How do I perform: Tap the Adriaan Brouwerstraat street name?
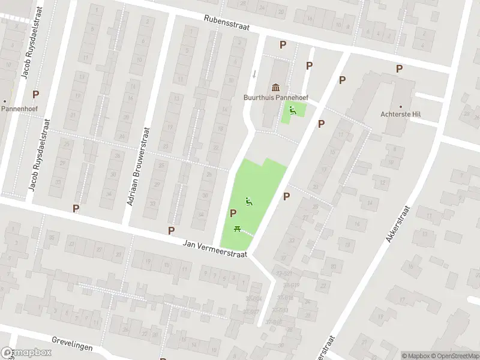pyautogui.click(x=138, y=166)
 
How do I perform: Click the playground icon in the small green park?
pyautogui.click(x=293, y=109)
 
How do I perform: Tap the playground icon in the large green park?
pyautogui.click(x=249, y=202)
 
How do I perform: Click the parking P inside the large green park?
pyautogui.click(x=233, y=213)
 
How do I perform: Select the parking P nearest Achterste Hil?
pyautogui.click(x=399, y=69)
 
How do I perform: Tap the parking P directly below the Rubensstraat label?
pyautogui.click(x=283, y=45)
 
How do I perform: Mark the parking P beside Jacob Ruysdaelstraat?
pyautogui.click(x=36, y=94)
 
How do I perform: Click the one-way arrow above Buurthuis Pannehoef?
pyautogui.click(x=254, y=74)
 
